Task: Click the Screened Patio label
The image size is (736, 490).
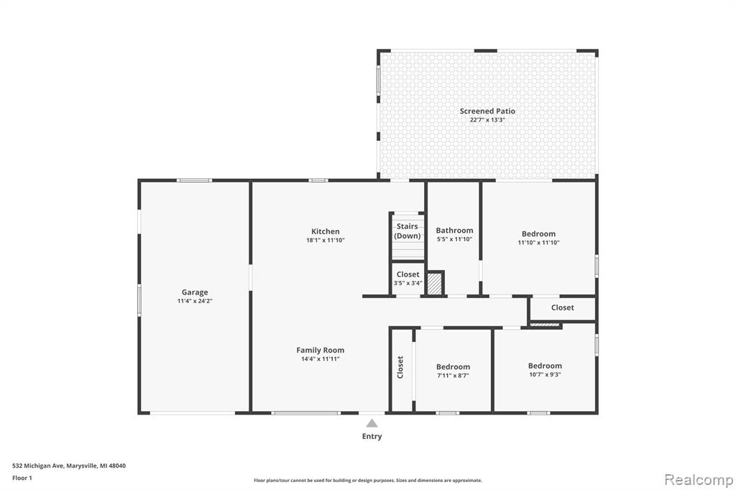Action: pos(487,111)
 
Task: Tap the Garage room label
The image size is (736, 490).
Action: pos(195,292)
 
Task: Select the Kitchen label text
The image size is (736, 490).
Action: pos(326,231)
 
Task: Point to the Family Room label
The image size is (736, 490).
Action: pos(320,350)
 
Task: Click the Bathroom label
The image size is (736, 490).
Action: pos(454,231)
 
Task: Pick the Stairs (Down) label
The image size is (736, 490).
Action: pos(408,231)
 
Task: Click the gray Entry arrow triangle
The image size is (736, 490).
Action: pos(372,423)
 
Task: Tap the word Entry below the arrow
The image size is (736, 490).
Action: pos(372,437)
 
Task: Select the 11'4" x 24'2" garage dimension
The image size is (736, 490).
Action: pos(195,301)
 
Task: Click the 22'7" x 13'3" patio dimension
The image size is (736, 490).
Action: pos(487,120)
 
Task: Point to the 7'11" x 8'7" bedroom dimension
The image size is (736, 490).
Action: pos(453,376)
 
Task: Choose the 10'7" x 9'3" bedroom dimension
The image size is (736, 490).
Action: pos(545,374)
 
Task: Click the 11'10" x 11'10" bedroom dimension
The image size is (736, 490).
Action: pos(538,243)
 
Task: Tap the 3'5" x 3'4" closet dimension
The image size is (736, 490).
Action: pos(408,283)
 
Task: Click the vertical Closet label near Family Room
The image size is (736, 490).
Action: pos(400,367)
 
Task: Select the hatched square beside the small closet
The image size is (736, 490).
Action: pos(435,284)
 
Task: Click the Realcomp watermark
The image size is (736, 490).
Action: pos(699,480)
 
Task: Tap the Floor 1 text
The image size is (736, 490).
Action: pos(22,479)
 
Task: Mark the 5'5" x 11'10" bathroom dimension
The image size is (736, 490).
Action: pos(454,239)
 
